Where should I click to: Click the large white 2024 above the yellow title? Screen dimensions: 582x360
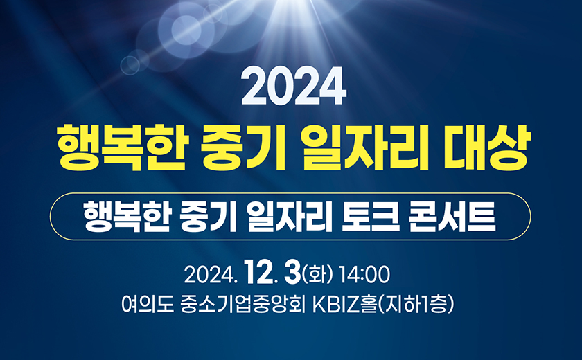[294, 86]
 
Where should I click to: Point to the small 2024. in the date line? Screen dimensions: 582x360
[211, 275]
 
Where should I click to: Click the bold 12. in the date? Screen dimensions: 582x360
[261, 273]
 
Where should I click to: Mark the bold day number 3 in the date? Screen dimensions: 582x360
[292, 273]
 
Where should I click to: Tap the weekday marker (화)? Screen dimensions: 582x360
[317, 274]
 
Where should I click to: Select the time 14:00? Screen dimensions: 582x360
[365, 275]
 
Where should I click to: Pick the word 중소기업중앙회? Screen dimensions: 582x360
[242, 305]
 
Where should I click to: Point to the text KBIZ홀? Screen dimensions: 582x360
[344, 305]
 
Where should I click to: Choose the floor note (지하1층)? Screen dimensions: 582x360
[415, 305]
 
